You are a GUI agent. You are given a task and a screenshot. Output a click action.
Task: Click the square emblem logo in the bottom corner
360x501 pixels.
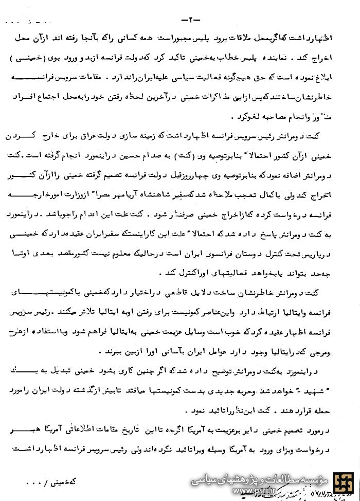pyautogui.click(x=344, y=486)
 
